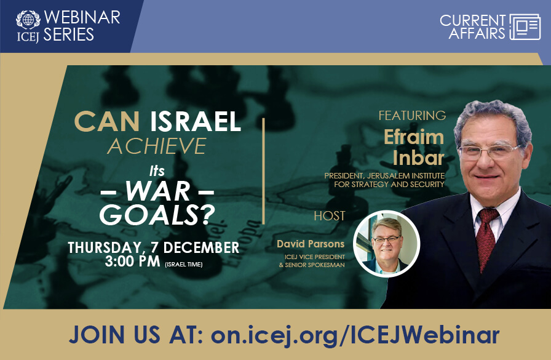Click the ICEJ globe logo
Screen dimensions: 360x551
click(27, 18)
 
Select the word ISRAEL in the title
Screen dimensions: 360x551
click(196, 122)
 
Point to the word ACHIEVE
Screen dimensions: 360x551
click(157, 146)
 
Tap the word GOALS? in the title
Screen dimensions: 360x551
click(156, 215)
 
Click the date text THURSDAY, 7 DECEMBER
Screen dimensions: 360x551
click(153, 247)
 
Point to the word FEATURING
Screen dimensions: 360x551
click(412, 116)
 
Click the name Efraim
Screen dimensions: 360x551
click(414, 137)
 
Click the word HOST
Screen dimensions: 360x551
click(330, 216)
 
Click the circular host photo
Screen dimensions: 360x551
click(386, 243)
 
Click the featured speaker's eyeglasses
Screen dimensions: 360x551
click(490, 151)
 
